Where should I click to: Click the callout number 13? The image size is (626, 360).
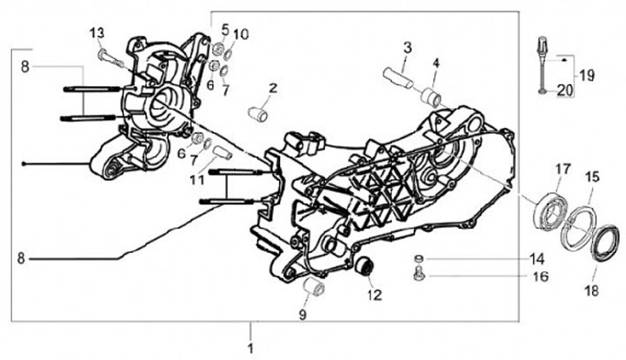click(x=97, y=33)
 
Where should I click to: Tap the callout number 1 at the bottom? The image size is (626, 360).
click(x=250, y=348)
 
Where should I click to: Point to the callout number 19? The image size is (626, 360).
click(x=587, y=75)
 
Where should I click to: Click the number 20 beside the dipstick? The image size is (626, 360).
click(x=564, y=91)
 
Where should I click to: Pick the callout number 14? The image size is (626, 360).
click(x=537, y=259)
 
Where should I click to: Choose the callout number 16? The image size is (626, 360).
click(x=540, y=277)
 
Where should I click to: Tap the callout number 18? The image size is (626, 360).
click(x=592, y=291)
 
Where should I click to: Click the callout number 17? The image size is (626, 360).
click(x=563, y=170)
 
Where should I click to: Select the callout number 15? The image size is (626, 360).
click(x=592, y=177)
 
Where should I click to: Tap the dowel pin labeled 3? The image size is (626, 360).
click(x=398, y=78)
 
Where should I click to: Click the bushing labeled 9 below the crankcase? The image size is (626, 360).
click(x=314, y=287)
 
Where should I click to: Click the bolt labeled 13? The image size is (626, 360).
click(x=110, y=58)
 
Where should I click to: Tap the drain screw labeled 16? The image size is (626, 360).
click(x=418, y=276)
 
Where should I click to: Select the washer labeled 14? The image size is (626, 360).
click(x=419, y=259)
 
